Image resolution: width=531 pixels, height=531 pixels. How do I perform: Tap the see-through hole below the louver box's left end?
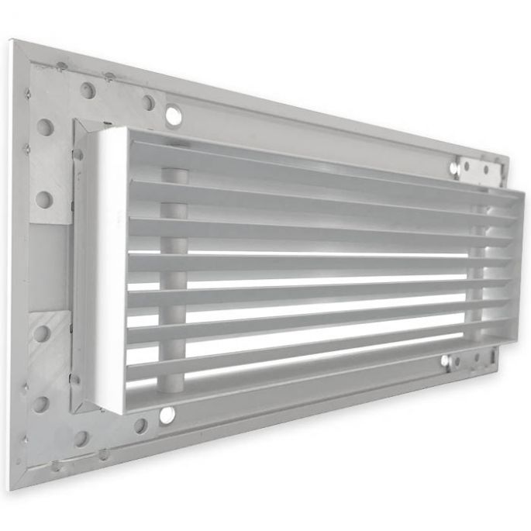coord(167,415)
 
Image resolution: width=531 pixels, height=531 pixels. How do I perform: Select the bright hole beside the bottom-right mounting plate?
coord(445,360)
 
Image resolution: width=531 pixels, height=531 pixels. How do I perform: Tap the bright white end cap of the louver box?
coord(109,271)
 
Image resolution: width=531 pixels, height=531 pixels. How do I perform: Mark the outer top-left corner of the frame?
coord(12,40)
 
